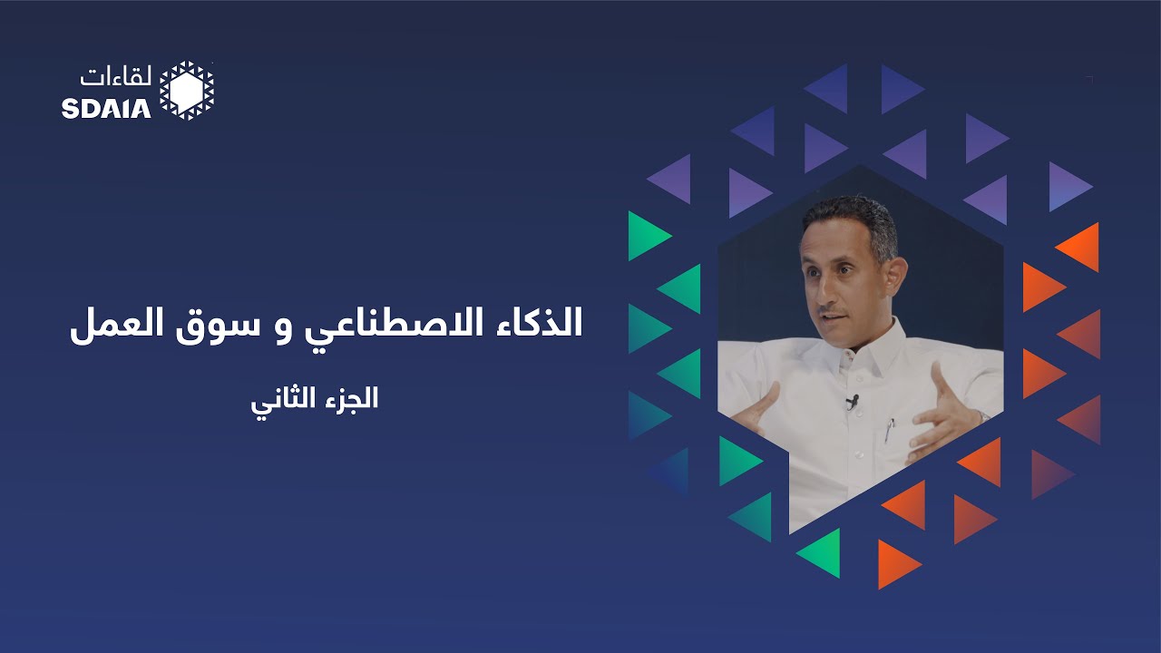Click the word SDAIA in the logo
(x=106, y=109)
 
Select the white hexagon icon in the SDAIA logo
(x=187, y=90)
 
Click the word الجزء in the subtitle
(x=350, y=399)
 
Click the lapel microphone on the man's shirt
(x=852, y=400)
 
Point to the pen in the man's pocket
(x=890, y=428)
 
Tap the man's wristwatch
(x=982, y=416)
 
